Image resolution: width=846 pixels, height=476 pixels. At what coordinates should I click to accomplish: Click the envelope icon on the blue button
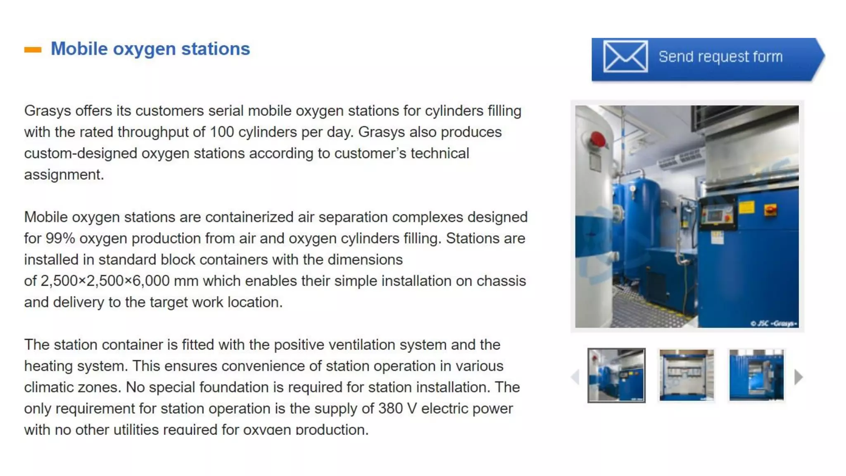coord(625,56)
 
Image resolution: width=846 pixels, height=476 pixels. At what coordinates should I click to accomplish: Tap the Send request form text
coord(720,57)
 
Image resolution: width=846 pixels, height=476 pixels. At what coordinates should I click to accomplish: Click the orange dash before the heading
coord(33,50)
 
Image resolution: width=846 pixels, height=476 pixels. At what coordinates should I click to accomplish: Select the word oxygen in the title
coord(144,49)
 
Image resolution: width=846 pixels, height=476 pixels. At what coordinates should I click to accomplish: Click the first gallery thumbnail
coord(616,375)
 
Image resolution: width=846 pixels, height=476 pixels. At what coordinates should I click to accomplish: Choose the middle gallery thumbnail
coord(686,375)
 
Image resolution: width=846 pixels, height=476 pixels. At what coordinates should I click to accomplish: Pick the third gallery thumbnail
coord(756,375)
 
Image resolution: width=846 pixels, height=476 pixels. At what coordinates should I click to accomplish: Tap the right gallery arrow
coord(798,377)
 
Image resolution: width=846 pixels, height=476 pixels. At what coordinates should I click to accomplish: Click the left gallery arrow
coord(575,377)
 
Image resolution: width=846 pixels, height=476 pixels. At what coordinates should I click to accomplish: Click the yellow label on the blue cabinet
coord(746,207)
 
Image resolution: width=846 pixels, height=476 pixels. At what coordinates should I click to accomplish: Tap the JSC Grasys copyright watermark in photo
coord(774,324)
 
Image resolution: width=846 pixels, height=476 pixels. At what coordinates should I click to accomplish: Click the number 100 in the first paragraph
coord(222,132)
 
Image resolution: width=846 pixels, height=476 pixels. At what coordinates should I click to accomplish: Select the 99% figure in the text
coord(60,238)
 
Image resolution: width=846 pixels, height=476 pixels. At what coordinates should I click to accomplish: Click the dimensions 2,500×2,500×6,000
coord(105,281)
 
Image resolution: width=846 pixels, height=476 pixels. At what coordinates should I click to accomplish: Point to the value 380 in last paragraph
coord(390,409)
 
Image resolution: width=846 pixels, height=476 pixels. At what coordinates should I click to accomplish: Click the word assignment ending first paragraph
coord(63,175)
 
